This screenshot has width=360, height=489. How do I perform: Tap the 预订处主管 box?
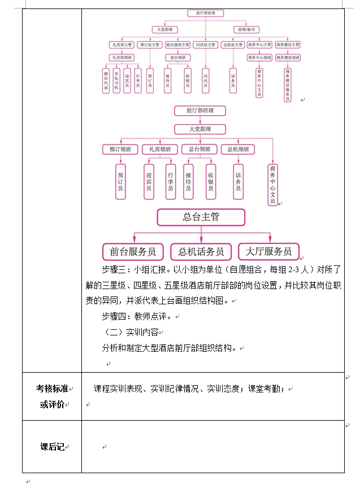[150, 45]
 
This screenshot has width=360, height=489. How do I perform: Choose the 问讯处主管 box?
[205, 45]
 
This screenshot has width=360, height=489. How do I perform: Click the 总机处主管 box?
[232, 45]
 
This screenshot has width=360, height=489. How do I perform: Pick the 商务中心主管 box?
[259, 45]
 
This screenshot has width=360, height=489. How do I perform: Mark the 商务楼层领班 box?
[288, 58]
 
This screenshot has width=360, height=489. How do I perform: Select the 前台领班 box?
[177, 58]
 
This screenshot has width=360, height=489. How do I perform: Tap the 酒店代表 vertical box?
[106, 81]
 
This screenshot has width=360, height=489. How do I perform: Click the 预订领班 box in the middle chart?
[120, 149]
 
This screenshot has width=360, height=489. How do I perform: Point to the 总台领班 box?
[199, 149]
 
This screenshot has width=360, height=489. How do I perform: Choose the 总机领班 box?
[238, 149]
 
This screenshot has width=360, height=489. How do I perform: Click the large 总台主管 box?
[201, 217]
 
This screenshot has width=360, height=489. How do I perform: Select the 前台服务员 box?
[133, 252]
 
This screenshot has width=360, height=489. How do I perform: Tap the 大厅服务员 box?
[268, 251]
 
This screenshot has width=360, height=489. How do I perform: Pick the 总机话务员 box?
[201, 252]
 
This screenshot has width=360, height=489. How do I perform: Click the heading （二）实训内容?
[132, 333]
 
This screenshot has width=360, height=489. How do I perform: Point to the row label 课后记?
[51, 447]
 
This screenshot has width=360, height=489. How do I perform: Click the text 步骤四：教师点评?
[137, 317]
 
